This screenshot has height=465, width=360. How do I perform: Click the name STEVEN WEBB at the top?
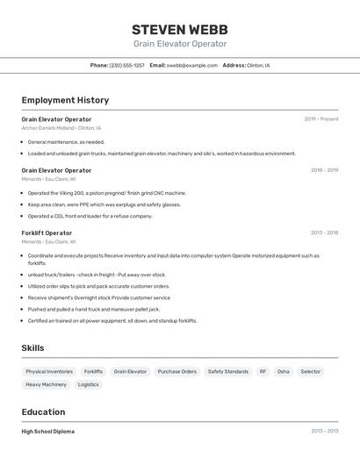tap(180, 29)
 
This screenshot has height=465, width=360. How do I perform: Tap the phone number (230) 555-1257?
tap(126, 65)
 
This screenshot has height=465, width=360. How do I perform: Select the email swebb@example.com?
tap(191, 65)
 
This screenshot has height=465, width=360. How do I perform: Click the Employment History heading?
tap(65, 100)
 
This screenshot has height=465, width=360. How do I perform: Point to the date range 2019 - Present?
tap(320, 119)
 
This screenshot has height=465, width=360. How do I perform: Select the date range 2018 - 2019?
tap(324, 170)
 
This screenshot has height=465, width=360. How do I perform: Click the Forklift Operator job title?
tap(47, 232)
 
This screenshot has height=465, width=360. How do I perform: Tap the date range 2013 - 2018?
tap(324, 232)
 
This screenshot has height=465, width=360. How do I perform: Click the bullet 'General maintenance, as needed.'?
tap(66, 141)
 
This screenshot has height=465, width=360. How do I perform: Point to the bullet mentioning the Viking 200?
tap(106, 193)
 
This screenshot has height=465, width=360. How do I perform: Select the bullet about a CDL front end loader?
tap(90, 216)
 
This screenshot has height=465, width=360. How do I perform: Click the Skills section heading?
tap(32, 348)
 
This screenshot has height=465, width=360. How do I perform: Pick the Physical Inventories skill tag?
tap(49, 371)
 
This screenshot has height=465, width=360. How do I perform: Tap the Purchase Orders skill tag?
tap(176, 371)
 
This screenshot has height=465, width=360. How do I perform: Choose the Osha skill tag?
tap(283, 371)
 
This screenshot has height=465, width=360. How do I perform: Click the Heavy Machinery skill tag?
tap(46, 384)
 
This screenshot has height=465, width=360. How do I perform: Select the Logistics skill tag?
tap(88, 384)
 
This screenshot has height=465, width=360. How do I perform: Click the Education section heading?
tap(43, 411)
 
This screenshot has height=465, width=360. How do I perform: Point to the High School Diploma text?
tap(47, 432)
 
